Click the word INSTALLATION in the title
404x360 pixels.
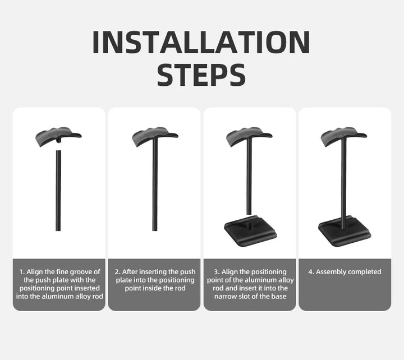pyautogui.click(x=201, y=43)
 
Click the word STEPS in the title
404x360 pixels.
pyautogui.click(x=201, y=75)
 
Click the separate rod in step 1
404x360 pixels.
pyautogui.click(x=58, y=191)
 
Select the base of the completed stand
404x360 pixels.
pyautogui.click(x=344, y=230)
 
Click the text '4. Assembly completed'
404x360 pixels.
pyautogui.click(x=345, y=272)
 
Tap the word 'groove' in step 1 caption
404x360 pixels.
pyautogui.click(x=78, y=272)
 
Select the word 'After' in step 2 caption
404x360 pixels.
pyautogui.click(x=134, y=272)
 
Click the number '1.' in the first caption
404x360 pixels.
pyautogui.click(x=23, y=272)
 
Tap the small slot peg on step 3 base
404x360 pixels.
pyautogui.click(x=247, y=223)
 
